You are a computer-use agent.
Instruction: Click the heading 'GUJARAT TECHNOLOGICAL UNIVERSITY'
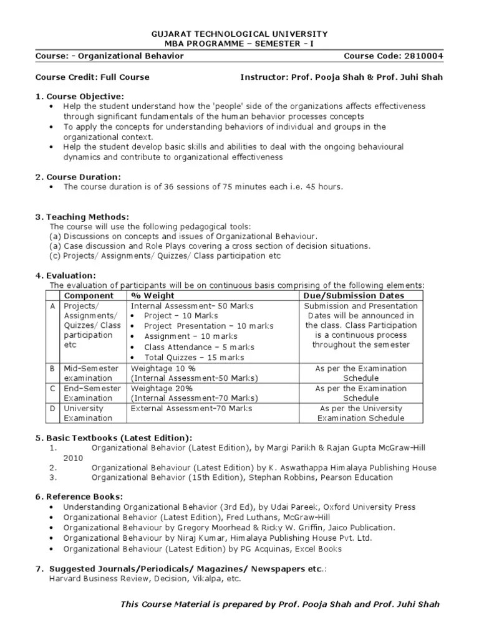(x=240, y=34)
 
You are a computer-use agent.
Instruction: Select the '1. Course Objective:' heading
(x=80, y=96)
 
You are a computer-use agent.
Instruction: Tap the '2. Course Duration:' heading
(x=78, y=177)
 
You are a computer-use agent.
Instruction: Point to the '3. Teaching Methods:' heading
(x=82, y=216)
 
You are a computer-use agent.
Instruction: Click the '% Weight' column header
(x=153, y=295)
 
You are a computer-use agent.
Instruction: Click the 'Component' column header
(x=89, y=295)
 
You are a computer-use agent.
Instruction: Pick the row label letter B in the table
(x=53, y=368)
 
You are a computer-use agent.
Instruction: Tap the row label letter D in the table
(x=53, y=408)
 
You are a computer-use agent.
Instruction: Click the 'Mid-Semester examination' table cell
(x=91, y=373)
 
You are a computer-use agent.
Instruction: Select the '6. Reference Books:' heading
(x=79, y=497)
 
